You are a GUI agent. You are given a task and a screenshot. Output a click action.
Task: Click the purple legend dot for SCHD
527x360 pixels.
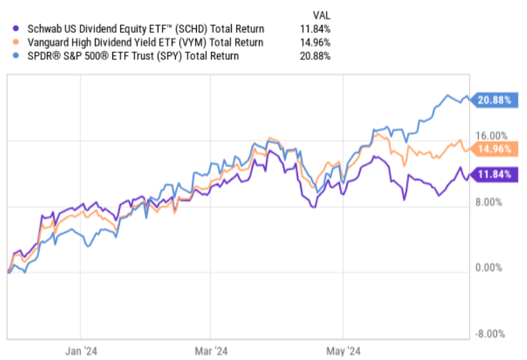[x=15, y=29]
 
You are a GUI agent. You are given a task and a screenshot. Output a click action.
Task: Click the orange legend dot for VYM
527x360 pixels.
[x=15, y=43]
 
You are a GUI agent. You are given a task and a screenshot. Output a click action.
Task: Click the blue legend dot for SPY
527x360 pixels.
[x=15, y=56]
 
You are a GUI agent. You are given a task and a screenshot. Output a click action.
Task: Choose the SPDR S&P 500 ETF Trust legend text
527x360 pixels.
[x=132, y=56]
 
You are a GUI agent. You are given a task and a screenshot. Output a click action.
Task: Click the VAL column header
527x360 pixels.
[x=321, y=14]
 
